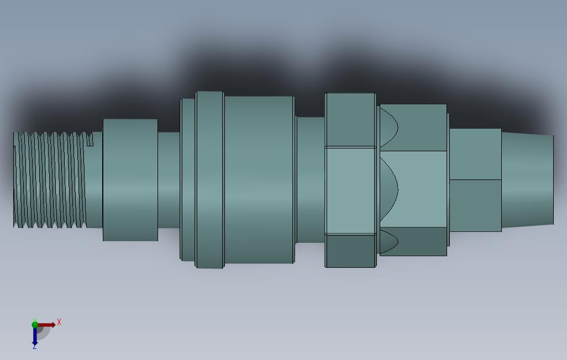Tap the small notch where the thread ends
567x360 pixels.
coord(90,140)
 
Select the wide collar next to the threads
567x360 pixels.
coord(130,179)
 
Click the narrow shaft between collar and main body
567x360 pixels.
coord(169,179)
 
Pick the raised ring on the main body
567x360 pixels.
coord(209,179)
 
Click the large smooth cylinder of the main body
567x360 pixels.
coord(259,179)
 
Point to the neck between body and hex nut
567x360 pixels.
coord(310,179)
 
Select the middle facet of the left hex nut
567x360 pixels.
coord(350,190)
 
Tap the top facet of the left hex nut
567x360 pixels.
coord(350,119)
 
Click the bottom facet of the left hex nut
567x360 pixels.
coord(350,251)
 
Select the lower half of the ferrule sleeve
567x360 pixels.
coord(475,205)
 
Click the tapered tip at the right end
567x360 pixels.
coord(527,179)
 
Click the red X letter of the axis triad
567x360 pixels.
coord(59,322)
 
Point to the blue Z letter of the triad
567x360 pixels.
coord(34,346)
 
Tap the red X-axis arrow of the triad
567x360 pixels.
coord(48,325)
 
